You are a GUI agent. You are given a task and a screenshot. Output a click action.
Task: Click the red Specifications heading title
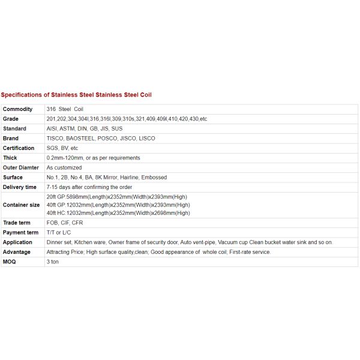pos(80,95)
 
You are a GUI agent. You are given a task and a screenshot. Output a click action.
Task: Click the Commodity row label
pos(18,109)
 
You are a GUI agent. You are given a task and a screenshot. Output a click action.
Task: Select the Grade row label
pos(11,119)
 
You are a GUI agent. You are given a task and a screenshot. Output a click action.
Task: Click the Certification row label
pos(19,148)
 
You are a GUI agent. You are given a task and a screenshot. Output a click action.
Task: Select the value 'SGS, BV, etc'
pos(62,148)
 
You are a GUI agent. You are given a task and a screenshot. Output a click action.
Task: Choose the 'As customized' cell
pos(64,167)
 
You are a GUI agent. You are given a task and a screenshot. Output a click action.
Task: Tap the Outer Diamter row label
pos(21,167)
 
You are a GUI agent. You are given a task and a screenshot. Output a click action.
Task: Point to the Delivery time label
pos(20,187)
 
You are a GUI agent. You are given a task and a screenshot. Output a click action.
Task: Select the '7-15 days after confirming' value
pos(89,187)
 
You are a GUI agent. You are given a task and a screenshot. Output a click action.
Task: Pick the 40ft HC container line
pos(118,212)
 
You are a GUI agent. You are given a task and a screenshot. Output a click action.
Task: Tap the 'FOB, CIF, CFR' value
pos(65,223)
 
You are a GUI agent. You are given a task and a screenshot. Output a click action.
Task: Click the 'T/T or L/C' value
pos(59,232)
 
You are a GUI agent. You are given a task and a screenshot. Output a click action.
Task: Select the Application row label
pos(17,242)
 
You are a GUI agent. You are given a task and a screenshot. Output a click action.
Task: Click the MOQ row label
pos(10,262)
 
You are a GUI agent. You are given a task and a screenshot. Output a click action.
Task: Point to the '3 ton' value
pos(53,262)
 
